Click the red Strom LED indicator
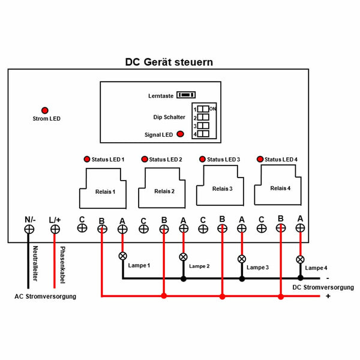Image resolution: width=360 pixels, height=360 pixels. pyautogui.click(x=45, y=110)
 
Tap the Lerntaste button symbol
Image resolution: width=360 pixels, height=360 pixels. pyautogui.click(x=186, y=95)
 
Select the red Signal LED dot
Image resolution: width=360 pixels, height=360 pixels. pyautogui.click(x=181, y=134)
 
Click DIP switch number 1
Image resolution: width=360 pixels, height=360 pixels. pyautogui.click(x=203, y=109)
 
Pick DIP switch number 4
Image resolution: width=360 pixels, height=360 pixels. pyautogui.click(x=203, y=134)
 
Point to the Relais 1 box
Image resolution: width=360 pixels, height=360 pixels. pyautogui.click(x=103, y=188)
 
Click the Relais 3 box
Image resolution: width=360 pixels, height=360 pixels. pyautogui.click(x=220, y=185)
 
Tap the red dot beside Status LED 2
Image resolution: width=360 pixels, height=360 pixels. pyautogui.click(x=145, y=159)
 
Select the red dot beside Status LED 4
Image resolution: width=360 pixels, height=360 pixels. pyautogui.click(x=260, y=159)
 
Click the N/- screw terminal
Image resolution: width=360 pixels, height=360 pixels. pyautogui.click(x=29, y=229)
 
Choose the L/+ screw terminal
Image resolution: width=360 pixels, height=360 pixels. pyautogui.click(x=55, y=229)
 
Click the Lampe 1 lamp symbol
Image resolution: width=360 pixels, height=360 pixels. pyautogui.click(x=123, y=256)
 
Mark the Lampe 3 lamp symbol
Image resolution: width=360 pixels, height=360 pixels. pyautogui.click(x=242, y=259)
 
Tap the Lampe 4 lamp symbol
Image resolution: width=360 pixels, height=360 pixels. pyautogui.click(x=301, y=259)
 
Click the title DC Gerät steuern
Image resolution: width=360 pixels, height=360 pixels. pyautogui.click(x=169, y=62)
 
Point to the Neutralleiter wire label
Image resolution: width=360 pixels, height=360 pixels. pyautogui.click(x=35, y=263)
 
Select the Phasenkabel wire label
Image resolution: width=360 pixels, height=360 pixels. pyautogui.click(x=62, y=265)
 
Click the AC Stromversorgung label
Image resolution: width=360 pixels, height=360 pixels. pyautogui.click(x=45, y=296)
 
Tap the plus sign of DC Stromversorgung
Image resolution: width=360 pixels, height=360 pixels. pyautogui.click(x=328, y=296)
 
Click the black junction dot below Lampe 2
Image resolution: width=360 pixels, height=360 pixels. pyautogui.click(x=184, y=279)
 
